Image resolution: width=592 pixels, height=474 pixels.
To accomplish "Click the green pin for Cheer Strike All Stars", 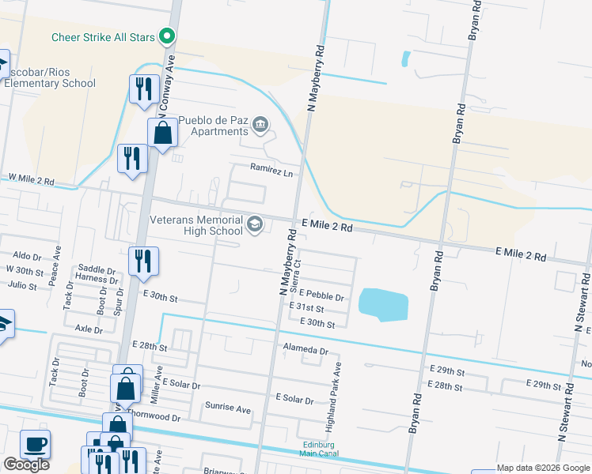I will click(x=166, y=36).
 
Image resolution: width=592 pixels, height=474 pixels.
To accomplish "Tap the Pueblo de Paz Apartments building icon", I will click(x=260, y=124).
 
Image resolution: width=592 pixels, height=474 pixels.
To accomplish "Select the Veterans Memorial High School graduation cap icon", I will click(x=254, y=224).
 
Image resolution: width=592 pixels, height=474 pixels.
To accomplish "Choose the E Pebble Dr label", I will click(x=321, y=297).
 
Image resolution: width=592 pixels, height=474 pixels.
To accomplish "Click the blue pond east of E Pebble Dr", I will click(x=383, y=303).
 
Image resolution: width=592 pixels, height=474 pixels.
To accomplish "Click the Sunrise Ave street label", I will click(x=228, y=408).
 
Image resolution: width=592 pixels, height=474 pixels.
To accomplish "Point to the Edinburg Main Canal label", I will click(x=321, y=449).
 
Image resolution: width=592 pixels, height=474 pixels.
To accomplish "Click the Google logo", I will click(x=26, y=465).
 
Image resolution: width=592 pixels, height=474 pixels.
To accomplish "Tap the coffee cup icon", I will click(x=34, y=444).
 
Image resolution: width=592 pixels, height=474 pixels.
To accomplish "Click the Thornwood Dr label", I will click(x=154, y=416).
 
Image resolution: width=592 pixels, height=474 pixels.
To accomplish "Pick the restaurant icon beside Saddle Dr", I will click(x=143, y=261).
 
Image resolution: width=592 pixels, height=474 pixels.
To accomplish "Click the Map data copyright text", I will click(x=542, y=468).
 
